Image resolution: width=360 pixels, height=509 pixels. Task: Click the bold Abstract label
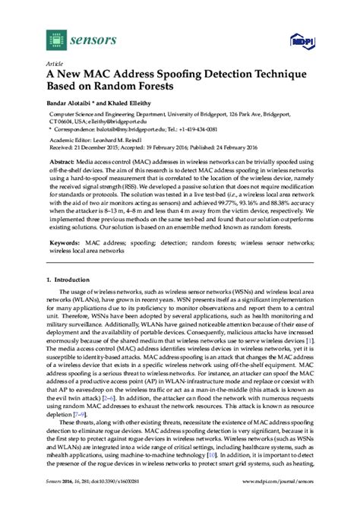click(65, 163)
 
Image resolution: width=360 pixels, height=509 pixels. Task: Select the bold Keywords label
click(68, 244)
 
